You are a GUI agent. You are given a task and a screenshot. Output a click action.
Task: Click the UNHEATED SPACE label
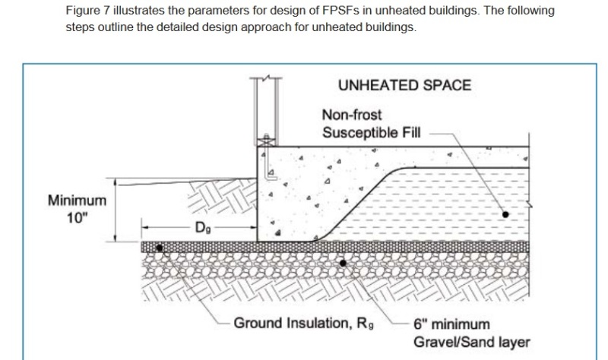pos(404,84)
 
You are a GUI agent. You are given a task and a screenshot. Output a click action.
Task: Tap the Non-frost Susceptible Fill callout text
pos(370,125)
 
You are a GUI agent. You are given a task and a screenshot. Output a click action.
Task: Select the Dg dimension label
pos(201,227)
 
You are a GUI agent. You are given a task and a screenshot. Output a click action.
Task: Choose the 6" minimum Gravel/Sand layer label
pos(471,333)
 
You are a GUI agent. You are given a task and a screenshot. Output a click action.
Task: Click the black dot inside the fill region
pos(505,214)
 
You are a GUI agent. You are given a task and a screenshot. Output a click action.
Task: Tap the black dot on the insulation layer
pos(159,248)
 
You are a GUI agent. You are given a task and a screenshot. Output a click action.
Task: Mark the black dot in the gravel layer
pos(344,263)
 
